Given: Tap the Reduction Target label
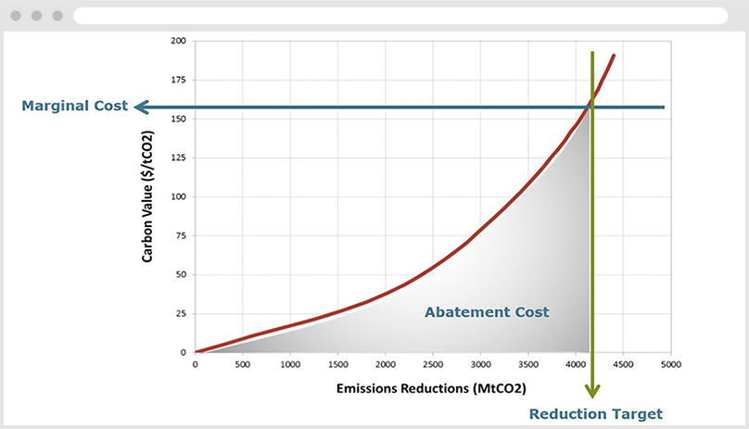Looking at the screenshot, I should point(596,413).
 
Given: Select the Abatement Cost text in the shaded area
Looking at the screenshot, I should point(487,312).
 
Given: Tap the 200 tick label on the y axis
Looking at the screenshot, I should point(179,42).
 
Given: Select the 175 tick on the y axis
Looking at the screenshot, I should point(179,81).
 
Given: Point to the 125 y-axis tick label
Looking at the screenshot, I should point(179,158).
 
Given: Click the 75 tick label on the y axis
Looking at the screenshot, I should point(181,236).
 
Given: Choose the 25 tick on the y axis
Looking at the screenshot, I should point(181,314).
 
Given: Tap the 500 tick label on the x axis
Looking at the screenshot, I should point(242,364).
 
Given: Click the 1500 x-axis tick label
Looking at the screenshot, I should point(337,364).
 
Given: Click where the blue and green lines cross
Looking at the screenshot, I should point(592,107).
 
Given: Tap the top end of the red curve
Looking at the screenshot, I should point(614,56).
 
